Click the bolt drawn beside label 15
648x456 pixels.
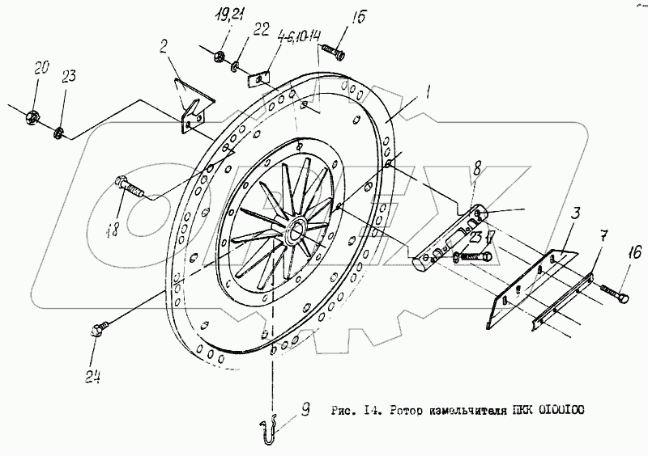click(x=333, y=53)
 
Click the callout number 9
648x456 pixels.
click(x=305, y=410)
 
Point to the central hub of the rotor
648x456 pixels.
click(x=294, y=229)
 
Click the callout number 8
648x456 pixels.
click(x=477, y=168)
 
